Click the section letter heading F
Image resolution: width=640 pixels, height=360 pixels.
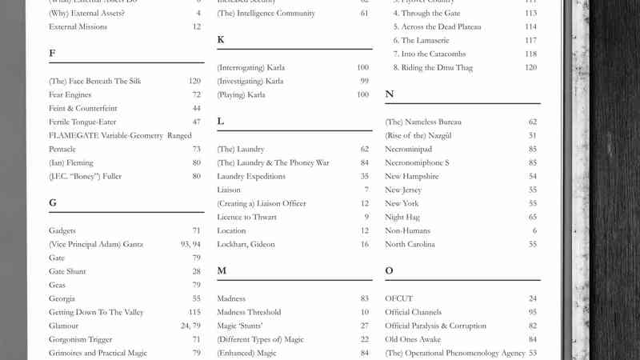tap(52, 54)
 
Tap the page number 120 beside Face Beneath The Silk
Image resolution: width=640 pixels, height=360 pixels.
tap(194, 81)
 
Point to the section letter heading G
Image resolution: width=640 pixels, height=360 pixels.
tap(53, 203)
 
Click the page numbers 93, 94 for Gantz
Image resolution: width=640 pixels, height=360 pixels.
tap(190, 244)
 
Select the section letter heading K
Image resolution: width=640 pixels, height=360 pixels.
tap(220, 40)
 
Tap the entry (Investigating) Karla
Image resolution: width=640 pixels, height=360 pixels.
tap(250, 81)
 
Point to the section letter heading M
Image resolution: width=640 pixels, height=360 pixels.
tap(222, 271)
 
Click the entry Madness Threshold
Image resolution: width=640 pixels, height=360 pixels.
tap(249, 312)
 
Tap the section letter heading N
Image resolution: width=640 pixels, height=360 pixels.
tap(390, 94)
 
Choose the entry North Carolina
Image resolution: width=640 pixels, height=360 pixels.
tap(410, 244)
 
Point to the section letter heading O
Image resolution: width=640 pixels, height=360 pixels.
tap(390, 271)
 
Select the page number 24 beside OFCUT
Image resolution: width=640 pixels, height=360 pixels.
tap(532, 298)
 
